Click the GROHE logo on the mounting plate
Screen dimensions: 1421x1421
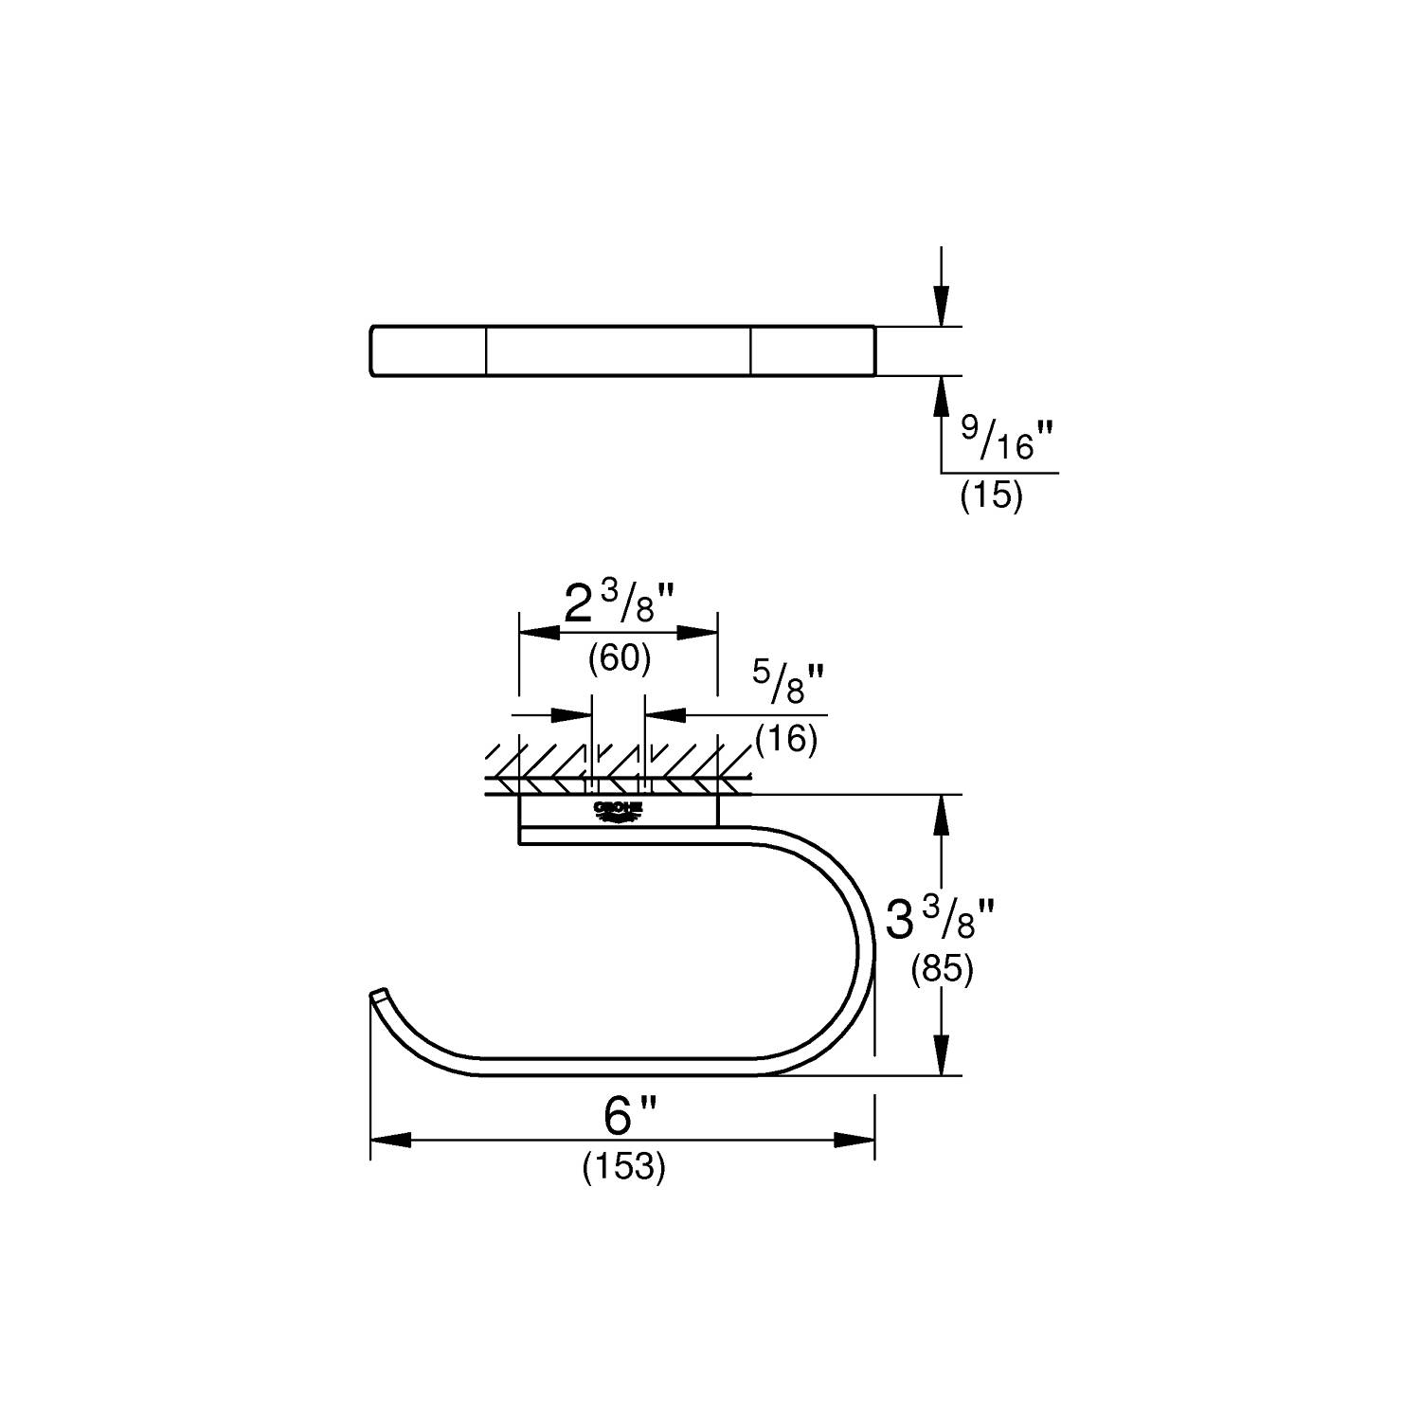pyautogui.click(x=618, y=810)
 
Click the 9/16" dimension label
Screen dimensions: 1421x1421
pyautogui.click(x=1007, y=440)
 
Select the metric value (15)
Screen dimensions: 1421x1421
pyautogui.click(x=991, y=496)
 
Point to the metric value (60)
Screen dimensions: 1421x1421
pyautogui.click(x=619, y=657)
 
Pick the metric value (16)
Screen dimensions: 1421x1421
pyautogui.click(x=786, y=738)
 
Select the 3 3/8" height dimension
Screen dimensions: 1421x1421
pyautogui.click(x=940, y=919)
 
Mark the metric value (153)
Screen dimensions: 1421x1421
pyautogui.click(x=623, y=1167)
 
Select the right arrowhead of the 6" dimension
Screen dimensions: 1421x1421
pyautogui.click(x=854, y=1141)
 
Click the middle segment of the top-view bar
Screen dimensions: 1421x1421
pyautogui.click(x=618, y=351)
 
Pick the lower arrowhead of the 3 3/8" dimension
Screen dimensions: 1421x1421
pyautogui.click(x=941, y=1054)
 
